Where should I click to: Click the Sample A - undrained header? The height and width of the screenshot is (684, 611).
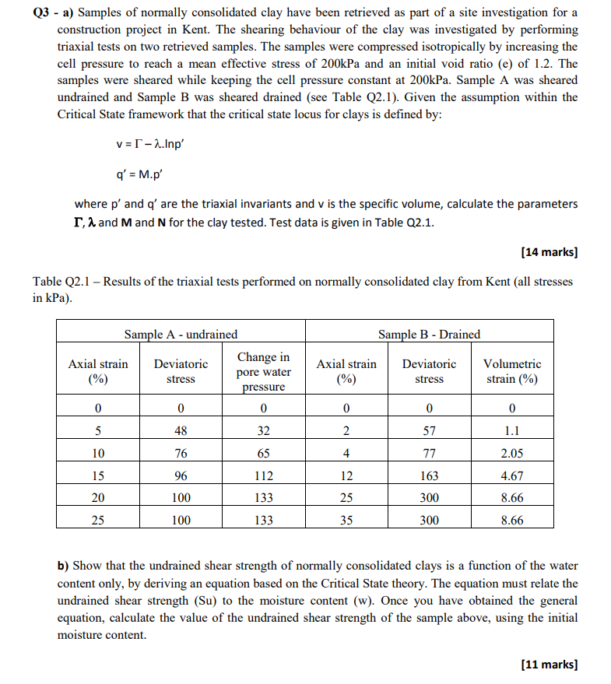coord(181,334)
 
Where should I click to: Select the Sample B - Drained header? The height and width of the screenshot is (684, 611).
coord(429,334)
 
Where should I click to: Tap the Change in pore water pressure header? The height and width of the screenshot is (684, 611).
coord(263,371)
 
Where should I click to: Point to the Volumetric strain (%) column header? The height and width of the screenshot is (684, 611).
coord(511,371)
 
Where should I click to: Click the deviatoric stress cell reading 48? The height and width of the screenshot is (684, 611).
coord(181,431)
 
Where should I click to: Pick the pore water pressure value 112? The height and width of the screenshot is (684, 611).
coord(263,475)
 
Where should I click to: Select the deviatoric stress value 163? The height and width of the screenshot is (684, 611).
coord(429,475)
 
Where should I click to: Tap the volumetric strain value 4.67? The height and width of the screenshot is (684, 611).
coord(511,475)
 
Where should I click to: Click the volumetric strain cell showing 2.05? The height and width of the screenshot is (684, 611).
coord(511,453)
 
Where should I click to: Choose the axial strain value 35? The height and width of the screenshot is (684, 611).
coord(346,520)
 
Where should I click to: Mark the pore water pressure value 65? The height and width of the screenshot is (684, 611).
coord(263,453)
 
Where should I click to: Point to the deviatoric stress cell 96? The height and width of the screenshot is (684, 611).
coord(181,475)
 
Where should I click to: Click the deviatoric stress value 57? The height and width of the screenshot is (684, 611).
coord(429,431)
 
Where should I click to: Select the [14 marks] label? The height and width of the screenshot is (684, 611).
coord(549,251)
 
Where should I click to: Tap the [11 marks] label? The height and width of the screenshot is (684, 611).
coord(549,664)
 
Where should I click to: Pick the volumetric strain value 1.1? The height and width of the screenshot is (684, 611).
coord(511,431)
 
